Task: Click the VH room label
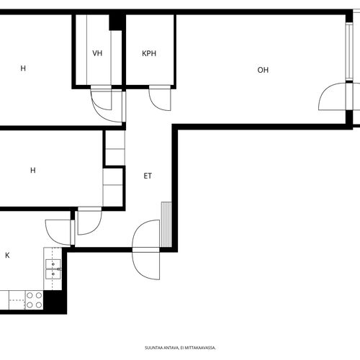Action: [97, 53]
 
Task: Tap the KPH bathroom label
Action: [149, 53]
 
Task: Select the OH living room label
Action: [263, 70]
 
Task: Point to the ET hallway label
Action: [148, 176]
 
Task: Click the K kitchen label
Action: [7, 255]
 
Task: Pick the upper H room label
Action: [23, 68]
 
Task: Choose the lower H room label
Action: [33, 171]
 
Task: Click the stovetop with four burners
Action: [35, 300]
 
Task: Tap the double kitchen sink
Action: [53, 269]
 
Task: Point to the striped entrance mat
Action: [166, 225]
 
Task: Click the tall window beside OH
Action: [349, 51]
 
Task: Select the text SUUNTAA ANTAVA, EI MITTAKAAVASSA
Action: [180, 348]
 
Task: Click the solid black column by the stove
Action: [55, 300]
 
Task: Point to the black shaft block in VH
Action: [116, 22]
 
